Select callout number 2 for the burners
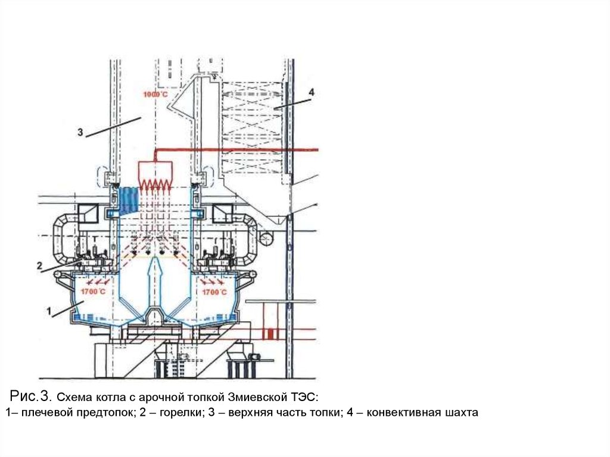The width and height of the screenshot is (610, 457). [39, 266]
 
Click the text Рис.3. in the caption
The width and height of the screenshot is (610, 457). [33, 396]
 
